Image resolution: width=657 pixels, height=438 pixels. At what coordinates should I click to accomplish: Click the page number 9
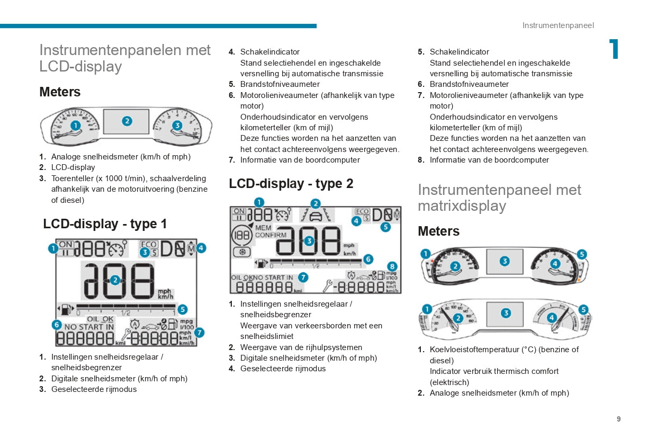tap(618, 419)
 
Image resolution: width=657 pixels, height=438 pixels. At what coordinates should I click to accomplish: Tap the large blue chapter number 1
tap(614, 49)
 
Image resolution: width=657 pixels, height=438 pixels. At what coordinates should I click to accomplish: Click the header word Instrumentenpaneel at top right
tap(558, 25)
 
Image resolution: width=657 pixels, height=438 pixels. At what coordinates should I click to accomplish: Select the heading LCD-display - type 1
tap(105, 224)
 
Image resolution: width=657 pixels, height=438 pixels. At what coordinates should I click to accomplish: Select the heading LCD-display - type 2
tap(291, 184)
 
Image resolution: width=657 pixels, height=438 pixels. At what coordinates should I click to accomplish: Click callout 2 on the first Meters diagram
tap(127, 121)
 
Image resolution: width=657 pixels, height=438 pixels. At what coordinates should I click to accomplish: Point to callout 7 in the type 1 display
tap(199, 333)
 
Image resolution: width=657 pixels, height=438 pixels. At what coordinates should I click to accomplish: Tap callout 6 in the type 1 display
tap(56, 325)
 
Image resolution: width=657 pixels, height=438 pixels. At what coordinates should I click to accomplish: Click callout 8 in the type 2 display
tap(392, 266)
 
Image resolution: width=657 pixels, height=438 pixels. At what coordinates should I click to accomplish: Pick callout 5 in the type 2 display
tap(385, 227)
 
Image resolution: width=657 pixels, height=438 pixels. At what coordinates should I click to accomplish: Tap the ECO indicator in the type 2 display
tap(363, 211)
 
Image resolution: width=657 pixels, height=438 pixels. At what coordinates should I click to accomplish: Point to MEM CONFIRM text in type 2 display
tap(271, 231)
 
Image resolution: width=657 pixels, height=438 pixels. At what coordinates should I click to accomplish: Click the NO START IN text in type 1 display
tap(89, 327)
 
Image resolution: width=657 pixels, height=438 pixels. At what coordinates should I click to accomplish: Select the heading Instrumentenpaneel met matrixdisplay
tap(499, 198)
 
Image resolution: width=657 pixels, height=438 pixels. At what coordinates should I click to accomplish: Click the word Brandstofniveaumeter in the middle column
tap(280, 84)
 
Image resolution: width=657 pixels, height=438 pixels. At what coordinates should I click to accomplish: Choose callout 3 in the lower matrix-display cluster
tap(506, 313)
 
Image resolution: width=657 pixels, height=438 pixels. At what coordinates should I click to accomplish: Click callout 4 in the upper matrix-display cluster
tap(555, 264)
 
